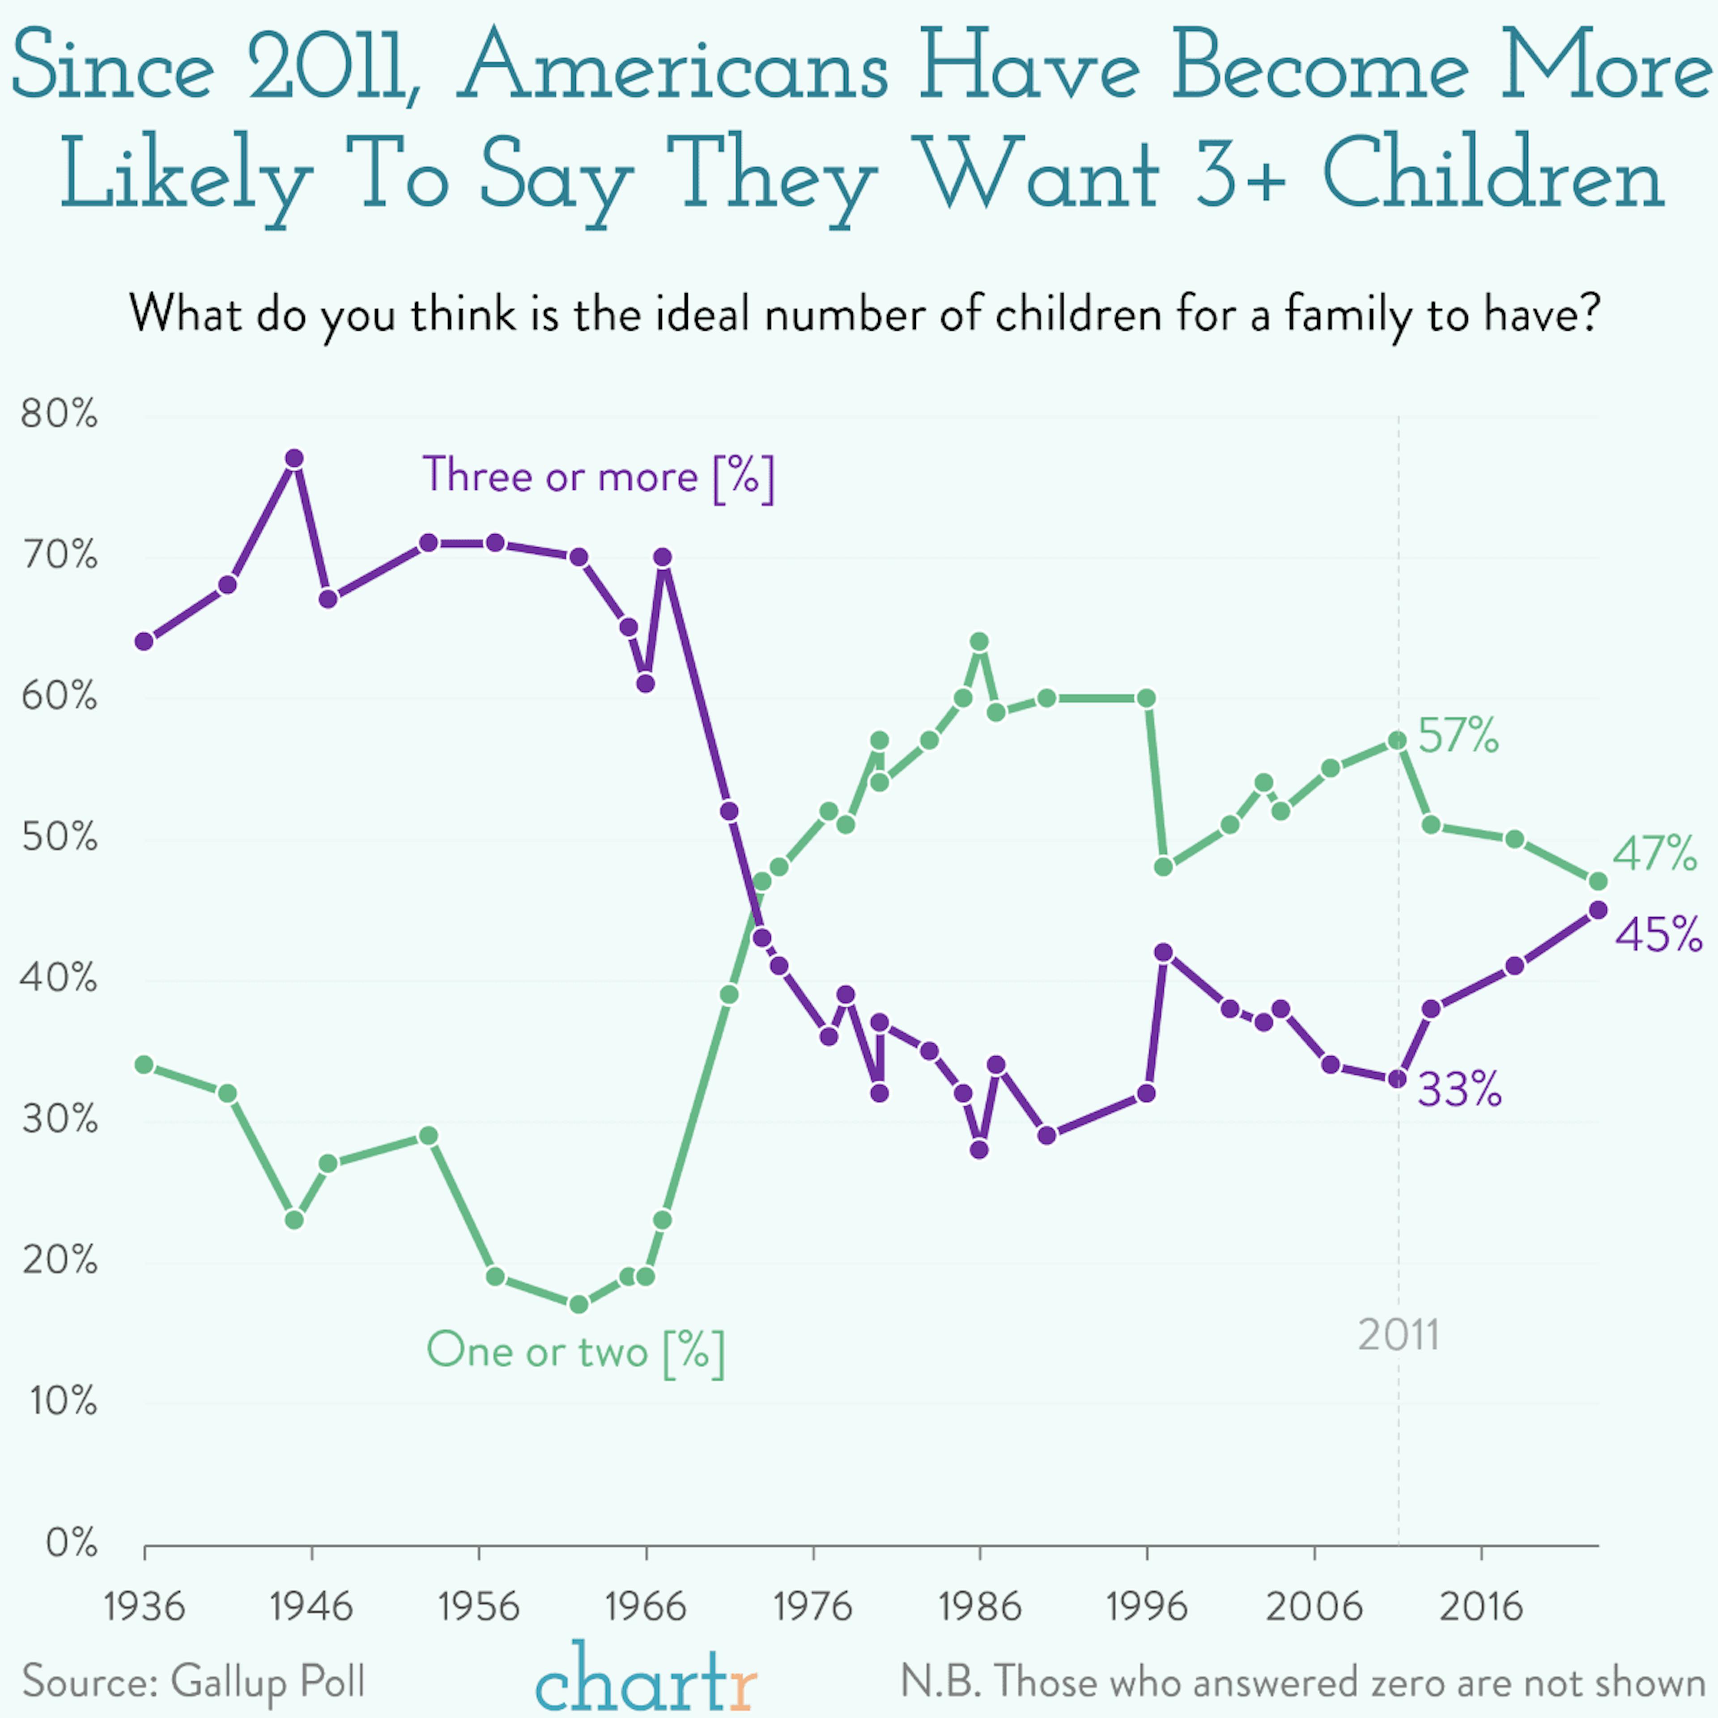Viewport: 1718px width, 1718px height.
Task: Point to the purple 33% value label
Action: coord(1459,1089)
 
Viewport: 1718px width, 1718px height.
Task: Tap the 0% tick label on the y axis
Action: coord(71,1544)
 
